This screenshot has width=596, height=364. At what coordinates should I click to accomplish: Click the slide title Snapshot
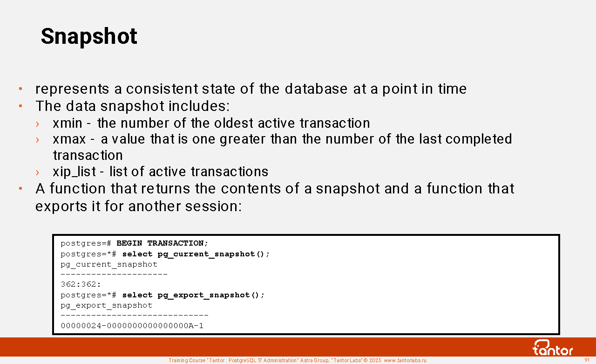click(x=89, y=36)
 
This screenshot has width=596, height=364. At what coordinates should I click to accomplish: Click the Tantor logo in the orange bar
click(x=552, y=348)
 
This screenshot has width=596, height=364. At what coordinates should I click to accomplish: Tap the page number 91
click(x=587, y=360)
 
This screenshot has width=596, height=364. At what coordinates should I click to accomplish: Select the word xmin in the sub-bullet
click(x=68, y=124)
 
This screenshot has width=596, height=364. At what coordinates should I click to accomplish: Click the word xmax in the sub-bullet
click(x=69, y=139)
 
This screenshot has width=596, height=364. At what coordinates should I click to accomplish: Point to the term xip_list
click(x=74, y=172)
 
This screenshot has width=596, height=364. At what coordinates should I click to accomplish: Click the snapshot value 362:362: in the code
click(x=81, y=284)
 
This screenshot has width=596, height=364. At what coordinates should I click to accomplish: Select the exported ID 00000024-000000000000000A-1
click(x=132, y=326)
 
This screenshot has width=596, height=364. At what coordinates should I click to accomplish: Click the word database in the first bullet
click(x=316, y=89)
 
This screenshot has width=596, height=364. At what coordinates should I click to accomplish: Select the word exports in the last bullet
click(x=61, y=206)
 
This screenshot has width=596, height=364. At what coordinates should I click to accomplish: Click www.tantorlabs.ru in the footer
click(x=405, y=360)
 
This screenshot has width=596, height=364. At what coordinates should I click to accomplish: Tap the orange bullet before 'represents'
click(x=20, y=89)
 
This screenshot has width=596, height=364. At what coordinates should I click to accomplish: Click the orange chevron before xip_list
click(x=38, y=172)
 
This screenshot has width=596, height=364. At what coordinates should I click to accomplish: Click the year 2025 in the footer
click(x=375, y=360)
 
